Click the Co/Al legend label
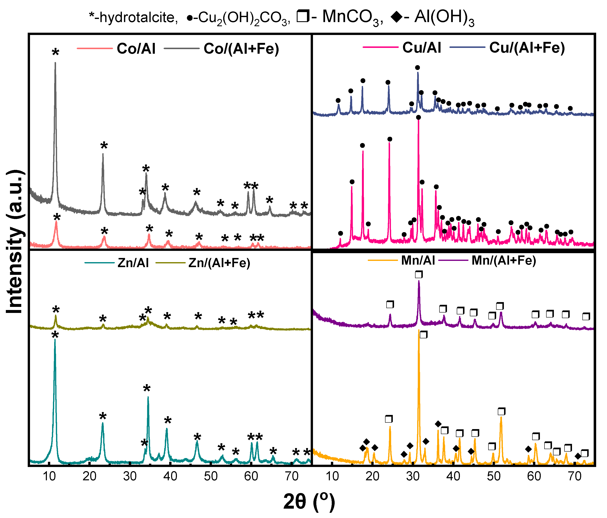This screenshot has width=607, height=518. click(x=136, y=49)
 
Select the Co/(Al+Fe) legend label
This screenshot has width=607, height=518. click(x=241, y=49)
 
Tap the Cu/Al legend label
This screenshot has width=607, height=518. click(x=422, y=48)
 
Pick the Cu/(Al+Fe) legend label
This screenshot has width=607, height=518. click(x=527, y=48)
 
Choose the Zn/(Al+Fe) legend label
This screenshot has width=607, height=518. click(x=219, y=263)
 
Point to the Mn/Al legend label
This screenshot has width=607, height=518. click(x=418, y=260)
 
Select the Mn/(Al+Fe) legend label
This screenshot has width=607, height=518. click(x=504, y=260)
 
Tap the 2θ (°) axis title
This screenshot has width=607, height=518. click(x=309, y=502)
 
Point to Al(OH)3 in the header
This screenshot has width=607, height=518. click(x=444, y=17)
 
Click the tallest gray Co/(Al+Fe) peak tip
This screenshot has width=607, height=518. click(x=55, y=63)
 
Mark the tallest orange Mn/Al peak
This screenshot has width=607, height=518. click(x=419, y=330)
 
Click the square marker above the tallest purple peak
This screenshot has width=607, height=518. click(x=419, y=274)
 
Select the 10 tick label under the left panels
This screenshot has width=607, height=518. click(x=49, y=476)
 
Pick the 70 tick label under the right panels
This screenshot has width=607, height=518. click(x=574, y=476)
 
